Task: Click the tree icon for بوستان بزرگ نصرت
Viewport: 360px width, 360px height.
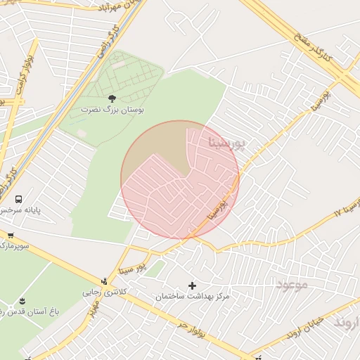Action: tap(112, 99)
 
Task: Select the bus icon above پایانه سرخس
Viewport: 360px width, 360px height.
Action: tap(18, 199)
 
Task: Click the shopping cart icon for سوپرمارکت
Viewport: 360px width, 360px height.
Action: tap(11, 235)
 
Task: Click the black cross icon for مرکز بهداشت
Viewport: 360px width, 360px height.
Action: tap(192, 285)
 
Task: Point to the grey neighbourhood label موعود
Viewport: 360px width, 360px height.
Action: tap(292, 285)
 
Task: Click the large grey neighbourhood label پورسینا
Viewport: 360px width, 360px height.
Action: tap(229, 143)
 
